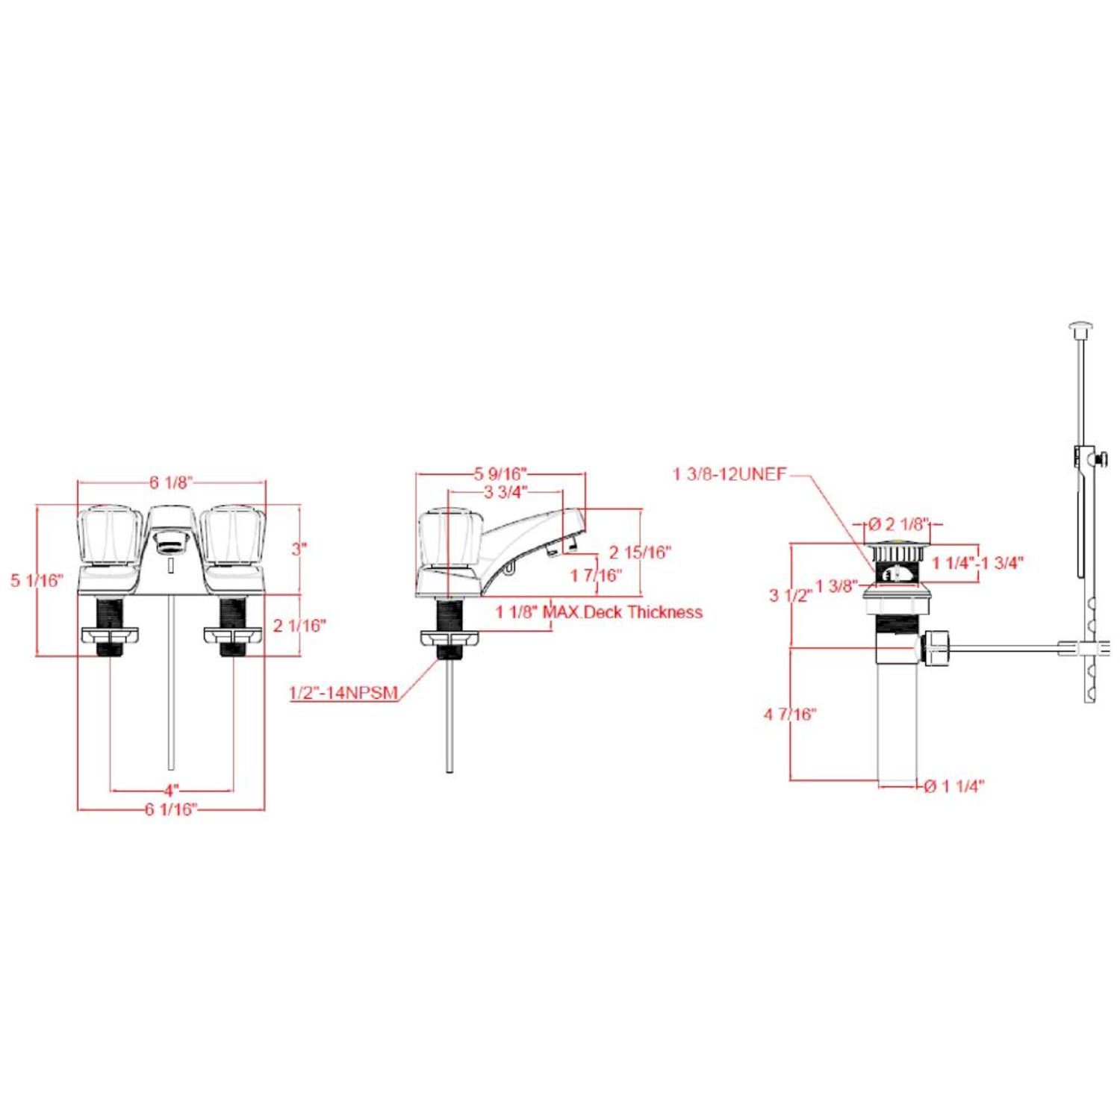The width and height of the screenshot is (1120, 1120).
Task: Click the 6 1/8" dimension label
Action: pos(171,482)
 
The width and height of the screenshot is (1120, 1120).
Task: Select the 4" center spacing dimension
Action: pos(172,789)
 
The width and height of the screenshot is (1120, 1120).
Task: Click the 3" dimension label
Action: pos(299,549)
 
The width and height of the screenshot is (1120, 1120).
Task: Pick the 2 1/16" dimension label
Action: pos(299,625)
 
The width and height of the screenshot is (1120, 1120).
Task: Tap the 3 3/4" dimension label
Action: pos(505,491)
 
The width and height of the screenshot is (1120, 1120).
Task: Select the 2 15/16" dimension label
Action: pos(641,553)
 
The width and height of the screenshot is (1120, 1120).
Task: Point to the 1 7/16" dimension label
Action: pos(596,576)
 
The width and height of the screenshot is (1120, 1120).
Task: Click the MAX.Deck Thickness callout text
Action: pos(623,612)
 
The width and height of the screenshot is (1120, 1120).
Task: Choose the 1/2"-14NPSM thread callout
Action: pos(343,693)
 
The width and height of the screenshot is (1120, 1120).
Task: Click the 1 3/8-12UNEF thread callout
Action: pos(729,474)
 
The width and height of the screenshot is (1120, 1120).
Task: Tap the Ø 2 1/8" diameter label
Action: pos(898,525)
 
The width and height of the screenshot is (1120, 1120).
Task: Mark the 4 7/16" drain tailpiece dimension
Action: pos(790,715)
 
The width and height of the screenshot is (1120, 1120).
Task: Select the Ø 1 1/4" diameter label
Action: pos(954,785)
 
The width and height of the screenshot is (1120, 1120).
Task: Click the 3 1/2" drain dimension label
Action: pos(791,595)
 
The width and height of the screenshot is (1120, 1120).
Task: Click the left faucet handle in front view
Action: pos(110,535)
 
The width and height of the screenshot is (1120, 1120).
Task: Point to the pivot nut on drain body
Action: pos(936,648)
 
